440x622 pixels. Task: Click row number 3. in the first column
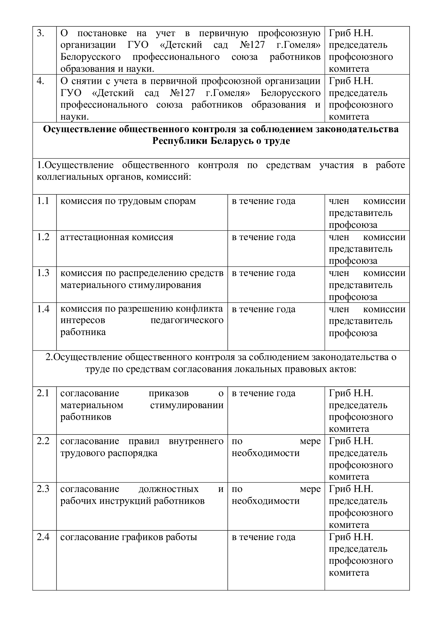pyautogui.click(x=40, y=33)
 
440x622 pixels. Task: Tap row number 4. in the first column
pyautogui.click(x=40, y=81)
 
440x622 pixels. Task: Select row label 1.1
pyautogui.click(x=43, y=201)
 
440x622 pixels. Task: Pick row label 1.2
pyautogui.click(x=43, y=237)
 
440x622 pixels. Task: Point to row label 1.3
pyautogui.click(x=43, y=273)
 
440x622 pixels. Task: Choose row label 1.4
pyautogui.click(x=43, y=309)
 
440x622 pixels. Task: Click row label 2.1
pyautogui.click(x=43, y=393)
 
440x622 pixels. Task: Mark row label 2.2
pyautogui.click(x=43, y=441)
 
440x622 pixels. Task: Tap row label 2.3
pyautogui.click(x=43, y=489)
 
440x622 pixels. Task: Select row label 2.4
pyautogui.click(x=43, y=537)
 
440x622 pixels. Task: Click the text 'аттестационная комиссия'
pyautogui.click(x=117, y=237)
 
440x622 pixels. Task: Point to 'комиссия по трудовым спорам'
pyautogui.click(x=128, y=201)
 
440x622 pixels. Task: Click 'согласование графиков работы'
pyautogui.click(x=129, y=537)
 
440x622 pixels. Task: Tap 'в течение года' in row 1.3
pyautogui.click(x=263, y=273)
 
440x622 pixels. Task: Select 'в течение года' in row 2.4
pyautogui.click(x=263, y=537)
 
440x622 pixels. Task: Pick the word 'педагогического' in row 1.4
pyautogui.click(x=187, y=320)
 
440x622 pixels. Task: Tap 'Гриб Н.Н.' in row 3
pyautogui.click(x=351, y=33)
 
